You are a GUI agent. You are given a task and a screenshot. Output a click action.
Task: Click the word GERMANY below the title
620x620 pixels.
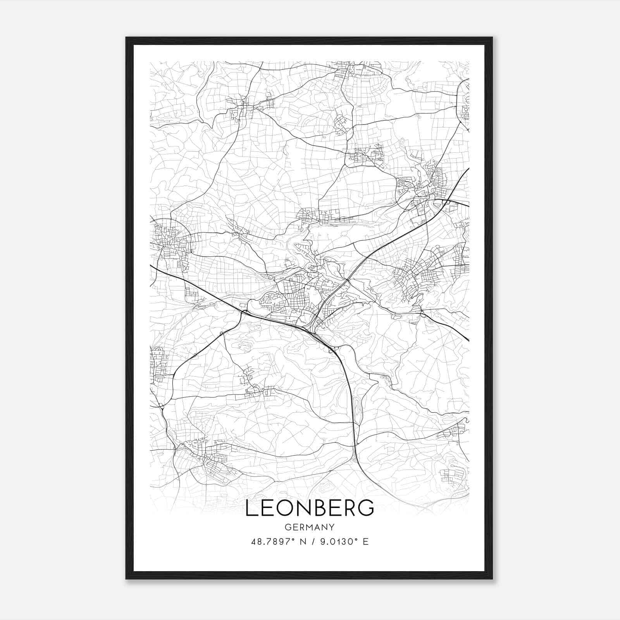click(x=310, y=527)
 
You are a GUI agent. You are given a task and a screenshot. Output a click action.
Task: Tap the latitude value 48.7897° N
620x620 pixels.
click(x=279, y=542)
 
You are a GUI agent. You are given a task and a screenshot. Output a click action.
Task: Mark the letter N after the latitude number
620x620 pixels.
click(x=303, y=542)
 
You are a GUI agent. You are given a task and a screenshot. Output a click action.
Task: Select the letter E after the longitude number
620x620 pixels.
click(x=366, y=542)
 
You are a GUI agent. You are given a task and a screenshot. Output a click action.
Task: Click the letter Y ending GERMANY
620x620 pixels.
click(x=332, y=527)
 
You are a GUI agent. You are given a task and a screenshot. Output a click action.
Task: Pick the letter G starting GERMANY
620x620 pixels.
click(x=288, y=527)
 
